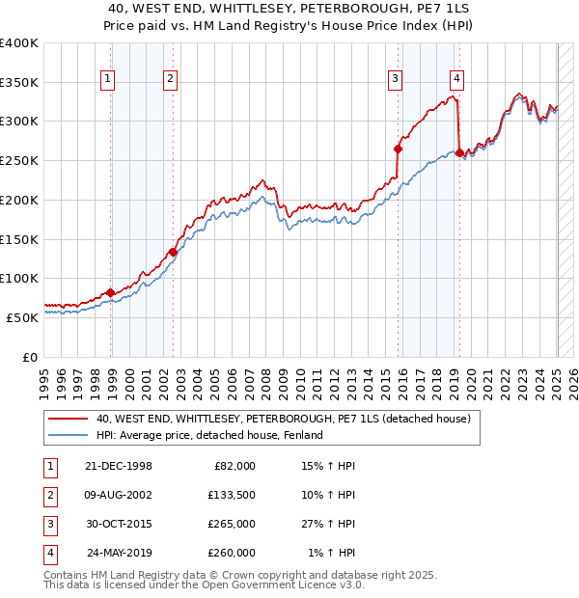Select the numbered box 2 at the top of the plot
[x=170, y=80]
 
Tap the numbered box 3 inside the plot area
[x=396, y=80]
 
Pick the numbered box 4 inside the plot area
[x=456, y=80]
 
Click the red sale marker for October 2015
[x=398, y=149]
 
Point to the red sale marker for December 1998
[x=110, y=292]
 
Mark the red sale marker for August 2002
[x=173, y=252]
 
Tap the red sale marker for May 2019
[x=459, y=152]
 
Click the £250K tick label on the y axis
[x=18, y=160]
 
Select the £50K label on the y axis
[x=22, y=316]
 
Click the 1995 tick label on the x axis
[x=44, y=376]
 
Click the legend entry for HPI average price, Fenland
[x=208, y=435]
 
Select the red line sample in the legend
[x=68, y=419]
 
